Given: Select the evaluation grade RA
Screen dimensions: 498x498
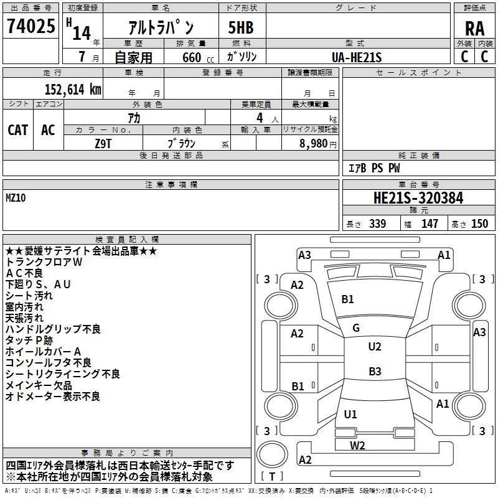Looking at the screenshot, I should tap(474, 28).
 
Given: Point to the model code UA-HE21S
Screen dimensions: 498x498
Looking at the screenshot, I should tap(357, 57).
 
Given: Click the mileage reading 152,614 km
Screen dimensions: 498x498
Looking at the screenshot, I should tap(73, 89).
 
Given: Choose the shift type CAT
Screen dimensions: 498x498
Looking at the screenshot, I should tap(17, 129).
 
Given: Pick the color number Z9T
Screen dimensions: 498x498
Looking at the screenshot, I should tap(104, 143).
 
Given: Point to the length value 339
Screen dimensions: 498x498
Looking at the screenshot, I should tap(377, 223).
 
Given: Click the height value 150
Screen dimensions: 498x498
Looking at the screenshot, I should tap(479, 223).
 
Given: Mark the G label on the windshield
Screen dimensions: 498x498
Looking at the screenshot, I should tap(355, 328).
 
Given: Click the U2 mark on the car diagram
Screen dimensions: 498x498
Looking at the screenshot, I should tap(374, 347).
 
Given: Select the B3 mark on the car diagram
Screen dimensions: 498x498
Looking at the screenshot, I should tap(374, 372).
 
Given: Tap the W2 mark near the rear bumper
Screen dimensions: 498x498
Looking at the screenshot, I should tap(357, 445).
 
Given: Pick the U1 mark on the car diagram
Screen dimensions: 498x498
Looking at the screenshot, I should tap(350, 414).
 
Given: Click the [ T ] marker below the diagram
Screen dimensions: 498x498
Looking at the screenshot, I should tap(272, 476).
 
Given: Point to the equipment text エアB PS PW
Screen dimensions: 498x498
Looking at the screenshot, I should tap(374, 168).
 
